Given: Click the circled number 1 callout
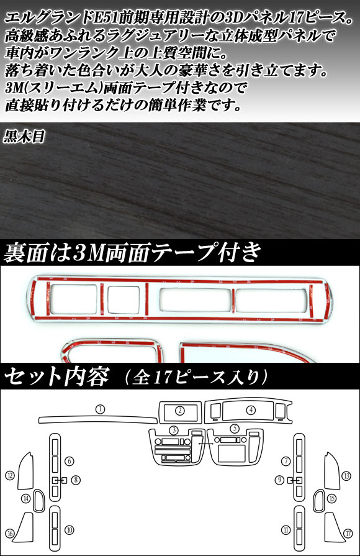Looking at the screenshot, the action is (x=101, y=409).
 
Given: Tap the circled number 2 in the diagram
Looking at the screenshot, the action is (x=181, y=411).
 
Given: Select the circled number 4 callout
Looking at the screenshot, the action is (x=251, y=410).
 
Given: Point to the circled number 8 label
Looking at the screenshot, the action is (x=76, y=480).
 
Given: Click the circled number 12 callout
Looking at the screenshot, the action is (x=10, y=475).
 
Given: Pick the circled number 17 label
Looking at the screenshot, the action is (x=348, y=533).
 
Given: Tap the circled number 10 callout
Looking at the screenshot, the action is (x=70, y=530).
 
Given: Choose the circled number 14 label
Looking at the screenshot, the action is (x=26, y=499).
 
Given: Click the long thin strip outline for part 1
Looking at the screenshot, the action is (x=98, y=419).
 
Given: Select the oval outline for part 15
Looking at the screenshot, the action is (x=315, y=501).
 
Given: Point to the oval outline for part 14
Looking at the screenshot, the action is (x=34, y=501).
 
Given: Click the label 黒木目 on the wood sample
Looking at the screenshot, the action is (x=24, y=136).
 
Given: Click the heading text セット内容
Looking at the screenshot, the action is (x=56, y=376).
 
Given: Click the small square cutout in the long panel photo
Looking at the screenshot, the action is (x=124, y=299).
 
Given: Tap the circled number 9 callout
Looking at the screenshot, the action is (x=280, y=480).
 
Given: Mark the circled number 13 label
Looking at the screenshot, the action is (x=347, y=475).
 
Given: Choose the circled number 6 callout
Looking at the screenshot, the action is (x=70, y=461).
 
